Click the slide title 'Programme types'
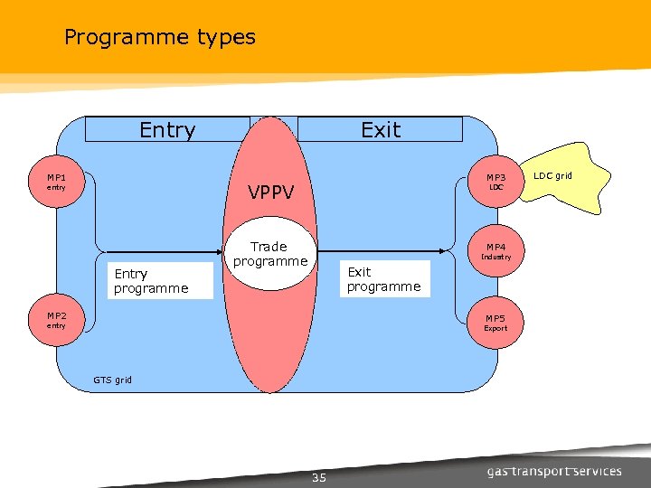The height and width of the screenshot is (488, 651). pyautogui.click(x=160, y=37)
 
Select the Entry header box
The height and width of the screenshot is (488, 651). pyautogui.click(x=167, y=129)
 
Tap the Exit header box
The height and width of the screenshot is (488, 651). pyautogui.click(x=380, y=129)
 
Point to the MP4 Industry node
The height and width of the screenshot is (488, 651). pyautogui.click(x=496, y=250)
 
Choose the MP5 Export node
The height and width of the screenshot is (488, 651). pyautogui.click(x=495, y=323)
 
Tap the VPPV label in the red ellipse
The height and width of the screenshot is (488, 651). pyautogui.click(x=271, y=192)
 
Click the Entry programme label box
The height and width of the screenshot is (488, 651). pyautogui.click(x=159, y=281)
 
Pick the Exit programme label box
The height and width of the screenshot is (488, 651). pyautogui.click(x=384, y=279)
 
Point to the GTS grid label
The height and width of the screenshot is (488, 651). pyautogui.click(x=112, y=380)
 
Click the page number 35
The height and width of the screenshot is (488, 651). pyautogui.click(x=318, y=477)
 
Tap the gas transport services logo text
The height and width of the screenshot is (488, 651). pyautogui.click(x=554, y=471)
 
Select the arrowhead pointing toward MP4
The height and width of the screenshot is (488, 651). pyautogui.click(x=443, y=250)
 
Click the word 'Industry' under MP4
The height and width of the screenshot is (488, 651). pyautogui.click(x=496, y=258)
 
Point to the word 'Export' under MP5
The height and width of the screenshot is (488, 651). pyautogui.click(x=495, y=329)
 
